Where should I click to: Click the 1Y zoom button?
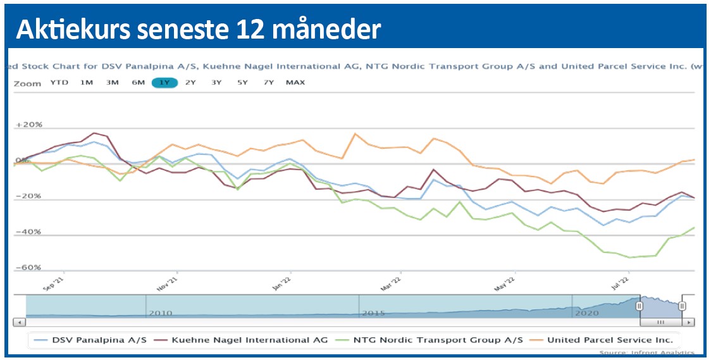(164, 82)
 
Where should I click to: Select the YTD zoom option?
(59, 82)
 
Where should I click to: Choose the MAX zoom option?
(295, 82)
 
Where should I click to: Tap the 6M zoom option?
(138, 82)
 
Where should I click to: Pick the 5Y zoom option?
(242, 82)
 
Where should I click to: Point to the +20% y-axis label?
(29, 125)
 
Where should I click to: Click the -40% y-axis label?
(29, 232)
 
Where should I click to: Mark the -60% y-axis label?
(29, 268)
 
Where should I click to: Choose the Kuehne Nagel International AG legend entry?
(243, 340)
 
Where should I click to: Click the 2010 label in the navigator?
(160, 313)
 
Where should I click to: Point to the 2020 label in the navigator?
(586, 313)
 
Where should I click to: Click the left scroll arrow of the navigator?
(20, 322)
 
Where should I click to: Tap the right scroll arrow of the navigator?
(689, 322)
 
